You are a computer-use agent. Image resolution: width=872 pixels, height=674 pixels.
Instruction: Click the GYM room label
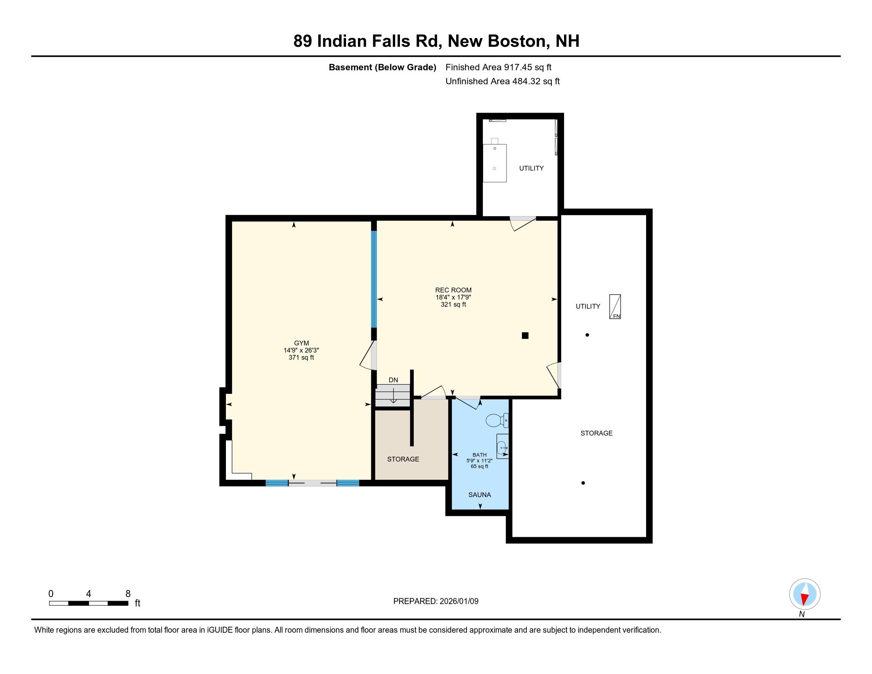click(302, 343)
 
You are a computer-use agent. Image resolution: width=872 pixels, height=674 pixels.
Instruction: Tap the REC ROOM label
click(453, 290)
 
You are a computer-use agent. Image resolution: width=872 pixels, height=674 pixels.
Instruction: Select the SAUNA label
click(480, 495)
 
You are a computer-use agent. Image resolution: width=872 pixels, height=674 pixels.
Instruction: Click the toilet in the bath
click(497, 420)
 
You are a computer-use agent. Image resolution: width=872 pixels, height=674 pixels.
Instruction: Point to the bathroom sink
click(502, 446)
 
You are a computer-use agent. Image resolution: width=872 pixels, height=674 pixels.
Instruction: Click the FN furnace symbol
click(615, 306)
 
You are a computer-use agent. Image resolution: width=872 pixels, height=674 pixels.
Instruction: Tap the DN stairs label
click(393, 380)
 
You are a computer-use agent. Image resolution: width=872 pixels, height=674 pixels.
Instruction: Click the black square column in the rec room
click(525, 335)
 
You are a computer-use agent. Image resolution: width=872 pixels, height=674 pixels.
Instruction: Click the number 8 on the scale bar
click(128, 594)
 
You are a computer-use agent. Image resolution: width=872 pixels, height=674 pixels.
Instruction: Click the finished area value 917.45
click(518, 67)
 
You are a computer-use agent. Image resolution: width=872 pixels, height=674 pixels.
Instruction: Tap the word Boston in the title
click(516, 41)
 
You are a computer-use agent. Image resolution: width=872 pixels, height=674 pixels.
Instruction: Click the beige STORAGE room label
click(403, 459)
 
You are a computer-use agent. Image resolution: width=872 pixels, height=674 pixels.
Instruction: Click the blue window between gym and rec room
click(374, 279)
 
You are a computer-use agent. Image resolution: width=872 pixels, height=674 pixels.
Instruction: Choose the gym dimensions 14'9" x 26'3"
click(301, 350)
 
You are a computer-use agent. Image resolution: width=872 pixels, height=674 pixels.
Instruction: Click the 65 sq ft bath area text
click(480, 466)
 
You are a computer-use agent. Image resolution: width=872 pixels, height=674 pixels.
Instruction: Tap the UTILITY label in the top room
click(531, 168)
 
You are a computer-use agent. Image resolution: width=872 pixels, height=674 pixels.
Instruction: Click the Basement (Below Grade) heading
click(382, 67)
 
